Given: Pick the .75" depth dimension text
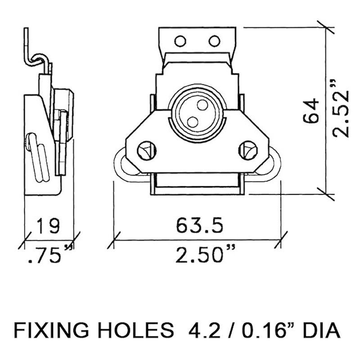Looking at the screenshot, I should pyautogui.click(x=46, y=255).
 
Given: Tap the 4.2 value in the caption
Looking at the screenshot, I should pyautogui.click(x=198, y=332).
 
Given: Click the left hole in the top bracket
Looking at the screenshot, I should pyautogui.click(x=181, y=40).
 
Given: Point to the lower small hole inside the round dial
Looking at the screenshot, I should pyautogui.click(x=192, y=121).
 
